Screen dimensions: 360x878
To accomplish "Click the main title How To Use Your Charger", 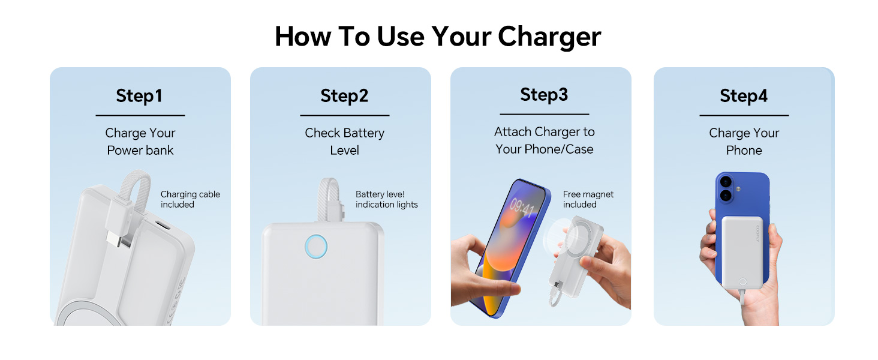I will pyautogui.click(x=438, y=37).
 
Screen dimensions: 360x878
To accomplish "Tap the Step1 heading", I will pyautogui.click(x=139, y=96).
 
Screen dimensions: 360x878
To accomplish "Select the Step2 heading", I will pyautogui.click(x=344, y=96).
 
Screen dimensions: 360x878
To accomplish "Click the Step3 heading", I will pyautogui.click(x=544, y=95).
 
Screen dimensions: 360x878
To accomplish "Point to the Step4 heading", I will pyautogui.click(x=744, y=96).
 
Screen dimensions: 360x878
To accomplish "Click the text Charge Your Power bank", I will pyautogui.click(x=140, y=142).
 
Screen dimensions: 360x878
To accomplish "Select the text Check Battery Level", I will pyautogui.click(x=344, y=142).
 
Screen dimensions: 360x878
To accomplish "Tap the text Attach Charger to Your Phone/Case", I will pyautogui.click(x=544, y=140).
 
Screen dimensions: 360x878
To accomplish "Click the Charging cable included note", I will pyautogui.click(x=190, y=199).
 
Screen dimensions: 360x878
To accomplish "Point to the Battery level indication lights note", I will pyautogui.click(x=386, y=199).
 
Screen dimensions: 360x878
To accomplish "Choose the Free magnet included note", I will pyautogui.click(x=588, y=199).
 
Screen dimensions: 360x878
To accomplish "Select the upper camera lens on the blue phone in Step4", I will pyautogui.click(x=726, y=182).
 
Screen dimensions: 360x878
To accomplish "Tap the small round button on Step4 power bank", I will pyautogui.click(x=742, y=281).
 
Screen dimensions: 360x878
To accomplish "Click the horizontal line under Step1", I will pyautogui.click(x=140, y=115).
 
